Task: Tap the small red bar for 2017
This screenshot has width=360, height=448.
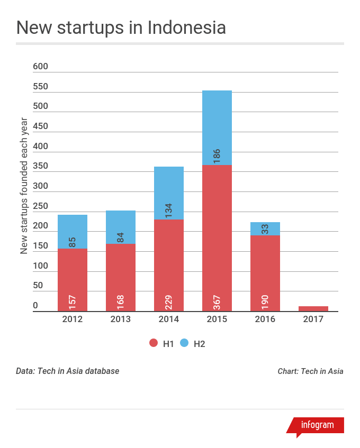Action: [313, 308]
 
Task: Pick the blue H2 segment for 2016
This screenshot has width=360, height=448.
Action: [265, 228]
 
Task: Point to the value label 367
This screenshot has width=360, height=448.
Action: [217, 301]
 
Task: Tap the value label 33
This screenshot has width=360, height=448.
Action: [265, 229]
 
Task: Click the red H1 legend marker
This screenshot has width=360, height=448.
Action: [154, 343]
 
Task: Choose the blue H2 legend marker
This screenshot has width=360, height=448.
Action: [185, 343]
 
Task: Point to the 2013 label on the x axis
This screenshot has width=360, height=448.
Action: [120, 319]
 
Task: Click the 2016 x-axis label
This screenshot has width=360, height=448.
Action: [265, 319]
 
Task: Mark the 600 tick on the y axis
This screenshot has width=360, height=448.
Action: [40, 67]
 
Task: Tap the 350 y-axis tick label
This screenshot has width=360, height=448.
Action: [40, 166]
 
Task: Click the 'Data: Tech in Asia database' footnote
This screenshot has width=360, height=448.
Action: [68, 371]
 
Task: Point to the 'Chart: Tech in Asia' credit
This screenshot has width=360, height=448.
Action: [310, 371]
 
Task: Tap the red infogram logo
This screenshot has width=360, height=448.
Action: [317, 425]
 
